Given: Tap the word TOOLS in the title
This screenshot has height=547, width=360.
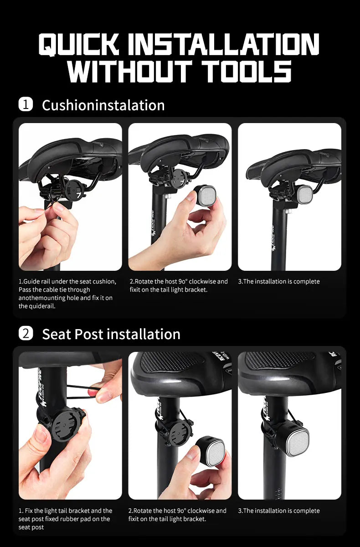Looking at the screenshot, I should [x=246, y=72].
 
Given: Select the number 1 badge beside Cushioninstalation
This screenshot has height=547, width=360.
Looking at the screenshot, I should [x=26, y=104].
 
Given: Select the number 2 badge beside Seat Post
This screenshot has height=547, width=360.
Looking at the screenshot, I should [x=26, y=333].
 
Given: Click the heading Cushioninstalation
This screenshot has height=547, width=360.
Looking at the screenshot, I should [x=103, y=105].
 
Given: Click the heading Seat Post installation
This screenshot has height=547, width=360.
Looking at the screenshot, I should [x=111, y=334].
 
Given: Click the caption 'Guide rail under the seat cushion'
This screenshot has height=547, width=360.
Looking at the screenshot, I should [x=67, y=281].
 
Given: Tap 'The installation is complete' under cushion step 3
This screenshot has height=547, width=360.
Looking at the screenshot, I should [x=279, y=281].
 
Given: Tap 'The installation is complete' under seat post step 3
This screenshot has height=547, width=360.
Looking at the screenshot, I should [x=279, y=511].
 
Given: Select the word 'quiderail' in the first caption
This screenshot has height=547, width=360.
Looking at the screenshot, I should [x=44, y=306].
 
